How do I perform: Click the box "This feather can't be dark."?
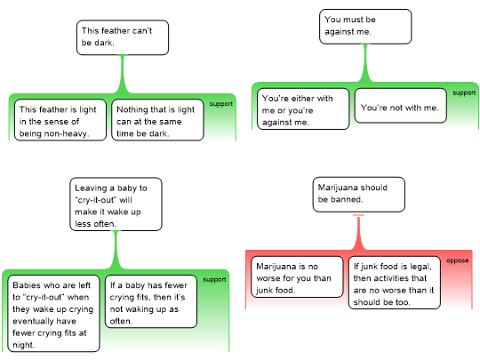123,37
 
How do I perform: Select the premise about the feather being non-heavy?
60,120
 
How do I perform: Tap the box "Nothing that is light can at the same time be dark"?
157,120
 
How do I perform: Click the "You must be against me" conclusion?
365,27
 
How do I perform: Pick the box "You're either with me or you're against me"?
303,108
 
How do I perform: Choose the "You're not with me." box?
400,106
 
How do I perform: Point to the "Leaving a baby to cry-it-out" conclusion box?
116,204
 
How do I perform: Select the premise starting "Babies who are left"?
53,314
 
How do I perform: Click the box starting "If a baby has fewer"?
151,301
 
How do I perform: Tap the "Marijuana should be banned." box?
359,195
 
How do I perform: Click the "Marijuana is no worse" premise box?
297,276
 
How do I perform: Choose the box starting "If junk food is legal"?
395,283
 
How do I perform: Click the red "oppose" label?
458,260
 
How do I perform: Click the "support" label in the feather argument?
221,104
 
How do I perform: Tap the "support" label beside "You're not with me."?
464,92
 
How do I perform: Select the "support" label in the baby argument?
214,279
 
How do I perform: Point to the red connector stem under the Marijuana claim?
358,232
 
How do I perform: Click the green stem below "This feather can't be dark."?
123,74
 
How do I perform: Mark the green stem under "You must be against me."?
365,63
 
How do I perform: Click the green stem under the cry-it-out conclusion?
116,250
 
